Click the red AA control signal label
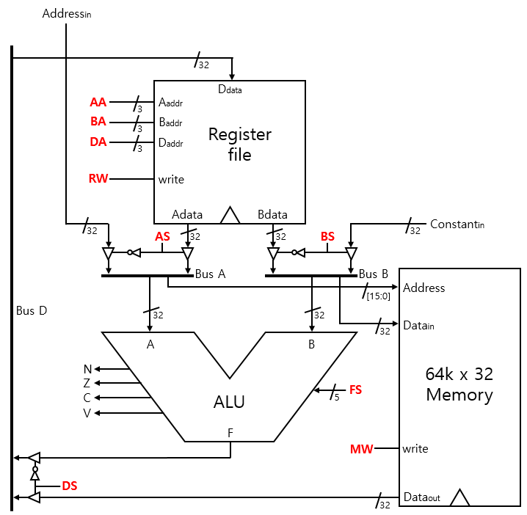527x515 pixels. tap(98, 102)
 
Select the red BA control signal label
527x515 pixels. tap(98, 122)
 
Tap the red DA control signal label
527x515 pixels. tap(98, 142)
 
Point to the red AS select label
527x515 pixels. tap(162, 237)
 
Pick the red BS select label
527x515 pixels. tap(327, 237)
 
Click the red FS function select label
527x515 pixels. tap(355, 390)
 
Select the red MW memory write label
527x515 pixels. tap(361, 448)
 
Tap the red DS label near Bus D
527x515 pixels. tap(70, 485)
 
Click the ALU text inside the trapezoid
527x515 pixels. tap(228, 402)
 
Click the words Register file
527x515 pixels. tap(240, 145)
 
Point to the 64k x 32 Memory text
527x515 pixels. tap(459, 384)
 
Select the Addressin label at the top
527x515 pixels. tap(67, 13)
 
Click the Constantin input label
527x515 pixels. tap(457, 224)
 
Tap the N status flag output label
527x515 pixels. tap(87, 369)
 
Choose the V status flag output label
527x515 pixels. tap(87, 413)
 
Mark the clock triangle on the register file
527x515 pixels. tap(230, 215)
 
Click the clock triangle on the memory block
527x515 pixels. tap(459, 498)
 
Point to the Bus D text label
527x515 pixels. tap(32, 310)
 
